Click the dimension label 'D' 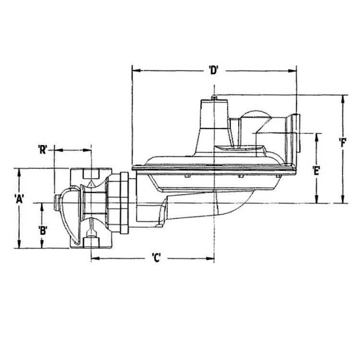click(214, 70)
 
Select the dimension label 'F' click(342, 142)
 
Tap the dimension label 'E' click(316, 169)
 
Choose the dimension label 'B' click(43, 229)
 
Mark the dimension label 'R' click(42, 149)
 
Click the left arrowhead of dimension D click(135, 71)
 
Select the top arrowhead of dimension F click(343, 98)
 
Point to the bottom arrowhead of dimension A click(19, 245)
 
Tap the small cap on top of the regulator click(214, 97)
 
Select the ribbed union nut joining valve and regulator click(119, 202)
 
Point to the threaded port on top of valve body click(91, 174)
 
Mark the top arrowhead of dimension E click(316, 136)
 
